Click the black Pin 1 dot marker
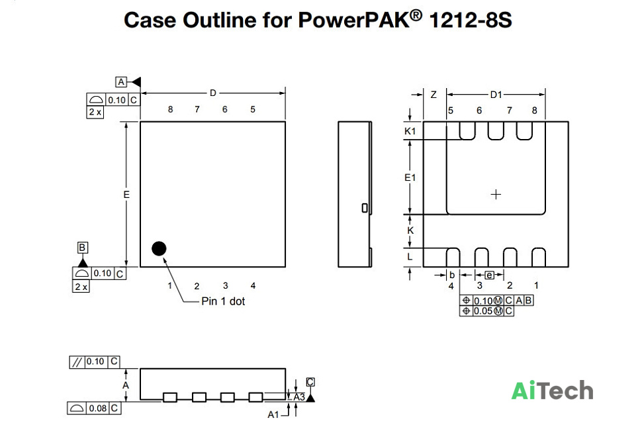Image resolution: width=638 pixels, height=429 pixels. click(x=159, y=249)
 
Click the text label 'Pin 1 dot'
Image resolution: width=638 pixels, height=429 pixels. click(x=223, y=301)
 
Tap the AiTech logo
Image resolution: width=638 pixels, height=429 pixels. click(x=552, y=391)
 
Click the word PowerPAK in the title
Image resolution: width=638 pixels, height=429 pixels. click(x=353, y=20)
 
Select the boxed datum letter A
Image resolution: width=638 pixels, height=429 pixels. click(x=121, y=82)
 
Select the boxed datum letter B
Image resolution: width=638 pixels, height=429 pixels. click(x=82, y=248)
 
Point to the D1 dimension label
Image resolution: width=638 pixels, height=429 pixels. click(x=496, y=95)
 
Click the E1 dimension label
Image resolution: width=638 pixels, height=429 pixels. click(x=410, y=177)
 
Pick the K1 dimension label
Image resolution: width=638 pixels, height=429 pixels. click(x=410, y=131)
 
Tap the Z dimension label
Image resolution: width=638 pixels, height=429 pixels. click(x=433, y=95)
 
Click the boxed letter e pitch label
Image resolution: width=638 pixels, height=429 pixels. click(x=490, y=275)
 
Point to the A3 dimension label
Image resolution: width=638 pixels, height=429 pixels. click(x=299, y=397)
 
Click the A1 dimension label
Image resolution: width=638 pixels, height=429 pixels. click(x=273, y=414)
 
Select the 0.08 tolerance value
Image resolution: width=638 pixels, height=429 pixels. click(x=98, y=408)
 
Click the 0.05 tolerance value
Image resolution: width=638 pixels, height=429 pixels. click(x=483, y=311)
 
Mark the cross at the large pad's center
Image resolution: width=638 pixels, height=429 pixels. click(x=496, y=195)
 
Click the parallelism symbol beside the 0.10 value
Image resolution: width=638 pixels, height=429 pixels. click(x=77, y=362)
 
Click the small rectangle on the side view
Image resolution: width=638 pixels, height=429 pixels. click(x=365, y=208)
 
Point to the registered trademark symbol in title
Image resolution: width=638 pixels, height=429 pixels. click(x=416, y=15)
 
